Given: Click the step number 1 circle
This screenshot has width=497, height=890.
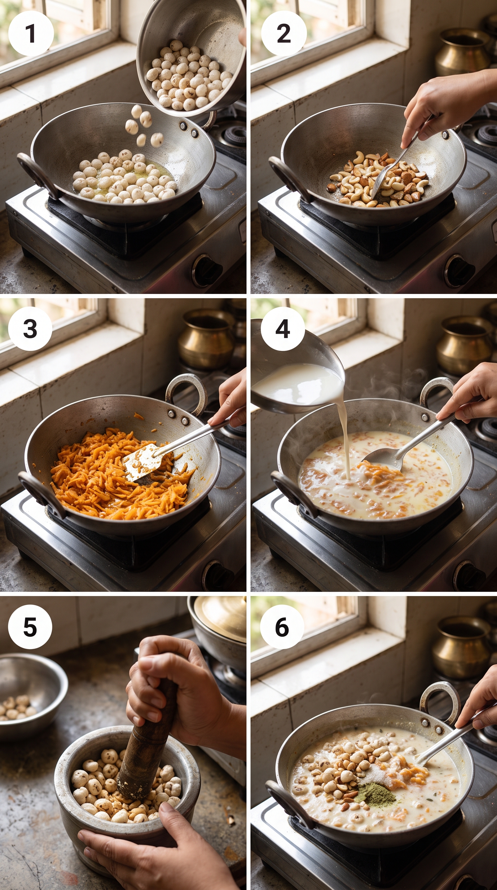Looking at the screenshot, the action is (x=31, y=34).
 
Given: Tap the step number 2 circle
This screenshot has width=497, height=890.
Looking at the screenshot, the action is (x=284, y=34).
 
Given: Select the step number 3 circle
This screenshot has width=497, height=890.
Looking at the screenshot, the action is (x=30, y=329).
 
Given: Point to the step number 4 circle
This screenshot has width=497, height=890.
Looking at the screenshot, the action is (x=283, y=329).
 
